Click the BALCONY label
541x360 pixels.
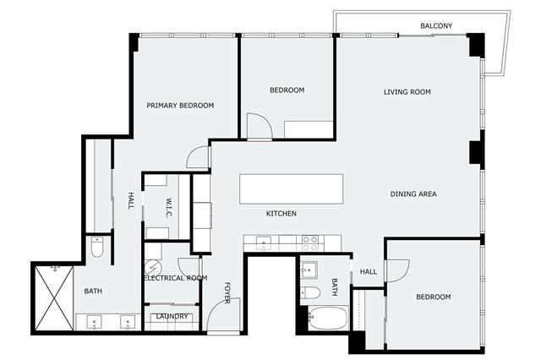click(x=436, y=25)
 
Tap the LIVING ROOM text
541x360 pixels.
click(x=407, y=92)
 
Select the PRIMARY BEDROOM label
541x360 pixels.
click(x=180, y=106)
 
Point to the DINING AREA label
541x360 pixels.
click(x=413, y=194)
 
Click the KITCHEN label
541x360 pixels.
click(x=281, y=214)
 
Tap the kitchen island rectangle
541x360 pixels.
click(x=291, y=189)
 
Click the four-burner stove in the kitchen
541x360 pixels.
click(x=310, y=243)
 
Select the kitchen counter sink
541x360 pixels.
click(x=264, y=243)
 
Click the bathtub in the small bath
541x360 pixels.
click(x=327, y=318)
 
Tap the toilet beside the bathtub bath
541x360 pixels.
click(x=310, y=292)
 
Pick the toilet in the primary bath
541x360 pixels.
click(x=97, y=247)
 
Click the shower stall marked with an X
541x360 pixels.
click(x=54, y=298)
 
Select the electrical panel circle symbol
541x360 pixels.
click(x=150, y=267)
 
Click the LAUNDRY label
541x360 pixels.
click(x=172, y=316)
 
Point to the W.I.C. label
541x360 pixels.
click(x=169, y=208)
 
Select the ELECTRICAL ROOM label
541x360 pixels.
click(x=175, y=278)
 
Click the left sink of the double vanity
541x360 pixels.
click(x=94, y=323)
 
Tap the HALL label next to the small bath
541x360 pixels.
click(x=369, y=272)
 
